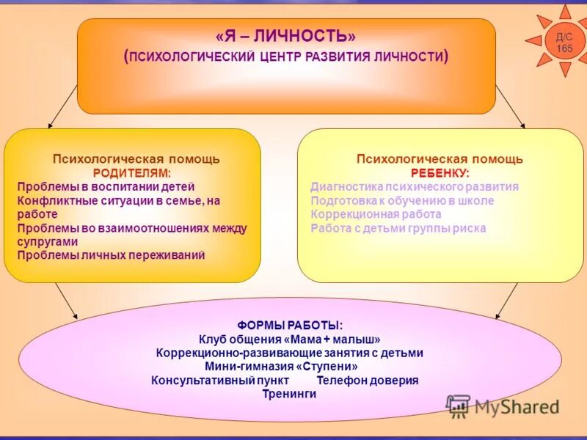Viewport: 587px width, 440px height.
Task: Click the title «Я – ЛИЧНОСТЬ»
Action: pos(286,37)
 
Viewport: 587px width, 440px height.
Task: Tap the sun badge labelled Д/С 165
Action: pos(564,42)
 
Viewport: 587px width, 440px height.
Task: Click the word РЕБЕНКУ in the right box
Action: pos(440,172)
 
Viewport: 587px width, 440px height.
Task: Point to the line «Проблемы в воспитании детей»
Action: pos(106,186)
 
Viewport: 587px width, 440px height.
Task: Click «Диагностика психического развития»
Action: pos(415,186)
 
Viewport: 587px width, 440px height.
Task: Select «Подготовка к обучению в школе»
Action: pos(402,200)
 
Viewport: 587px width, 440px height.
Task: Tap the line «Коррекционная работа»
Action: pos(376,214)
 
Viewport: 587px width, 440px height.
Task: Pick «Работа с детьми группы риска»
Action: pos(398,228)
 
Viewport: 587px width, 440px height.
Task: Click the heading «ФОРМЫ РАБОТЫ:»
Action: pos(290,325)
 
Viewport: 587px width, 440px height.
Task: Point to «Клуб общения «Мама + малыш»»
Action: pos(290,339)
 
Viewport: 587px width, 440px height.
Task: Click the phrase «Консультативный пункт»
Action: pos(220,380)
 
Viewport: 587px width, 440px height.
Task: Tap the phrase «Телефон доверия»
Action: pos(368,380)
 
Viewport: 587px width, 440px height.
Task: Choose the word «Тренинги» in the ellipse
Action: pos(289,394)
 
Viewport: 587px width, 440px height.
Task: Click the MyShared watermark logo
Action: pos(503,406)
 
